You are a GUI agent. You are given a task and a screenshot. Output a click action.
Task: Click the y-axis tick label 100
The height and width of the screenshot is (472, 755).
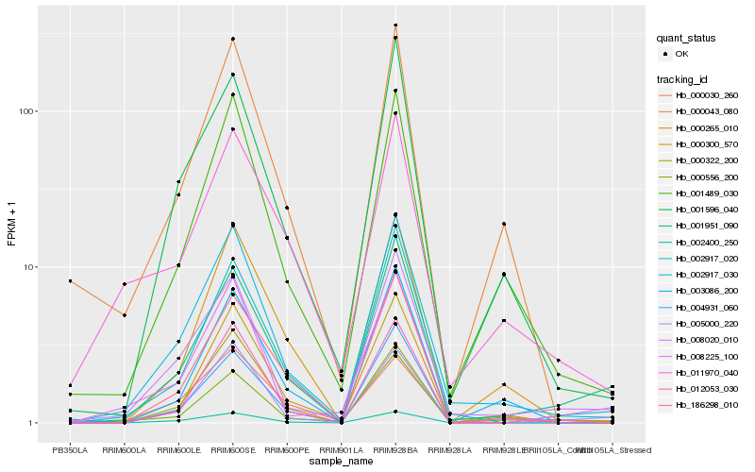(x=26, y=111)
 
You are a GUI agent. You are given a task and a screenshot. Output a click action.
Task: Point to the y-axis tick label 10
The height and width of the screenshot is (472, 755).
(x=29, y=267)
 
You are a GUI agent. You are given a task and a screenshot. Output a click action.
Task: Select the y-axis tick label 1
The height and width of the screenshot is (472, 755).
(x=32, y=423)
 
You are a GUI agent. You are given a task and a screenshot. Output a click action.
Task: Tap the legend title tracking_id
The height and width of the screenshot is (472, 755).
(x=683, y=79)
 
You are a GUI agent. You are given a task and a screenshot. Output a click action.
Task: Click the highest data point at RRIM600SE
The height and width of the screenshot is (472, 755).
(x=232, y=39)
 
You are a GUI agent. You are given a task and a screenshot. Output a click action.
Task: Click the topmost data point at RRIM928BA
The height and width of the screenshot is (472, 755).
(x=395, y=25)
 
